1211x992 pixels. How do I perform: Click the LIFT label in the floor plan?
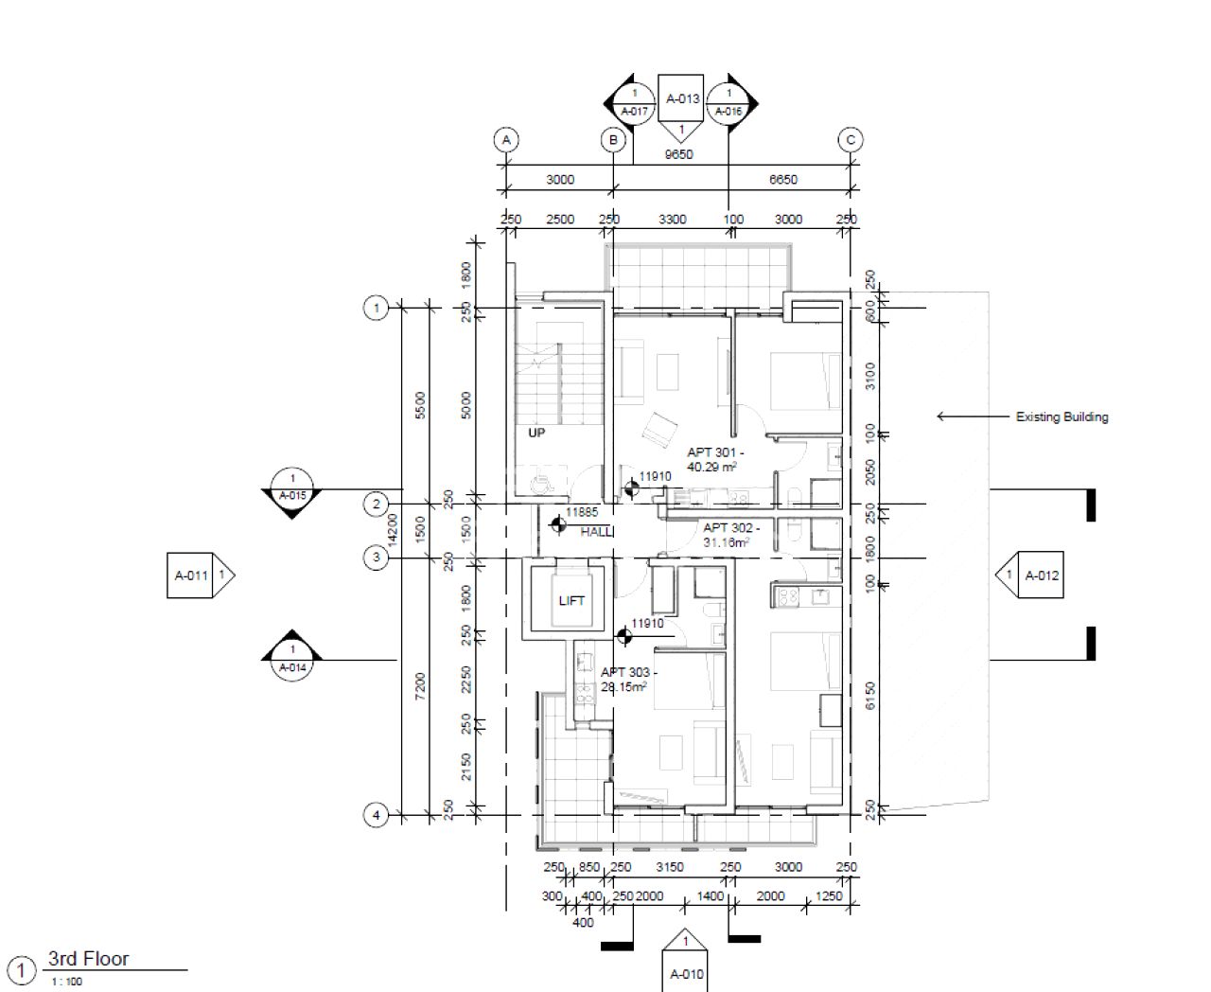point(571,600)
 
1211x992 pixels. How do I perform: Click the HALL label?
point(596,532)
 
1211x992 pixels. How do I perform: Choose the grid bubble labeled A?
point(506,140)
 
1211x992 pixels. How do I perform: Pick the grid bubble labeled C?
point(850,140)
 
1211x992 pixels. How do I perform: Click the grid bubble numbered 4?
point(376,815)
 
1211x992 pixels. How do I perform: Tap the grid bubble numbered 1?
point(376,308)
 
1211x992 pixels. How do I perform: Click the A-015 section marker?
point(292,487)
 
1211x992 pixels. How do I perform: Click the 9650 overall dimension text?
point(678,154)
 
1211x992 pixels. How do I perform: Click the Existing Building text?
point(1062,416)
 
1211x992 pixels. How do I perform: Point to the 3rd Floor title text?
point(88,959)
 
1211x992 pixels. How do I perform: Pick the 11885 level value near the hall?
point(581,512)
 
